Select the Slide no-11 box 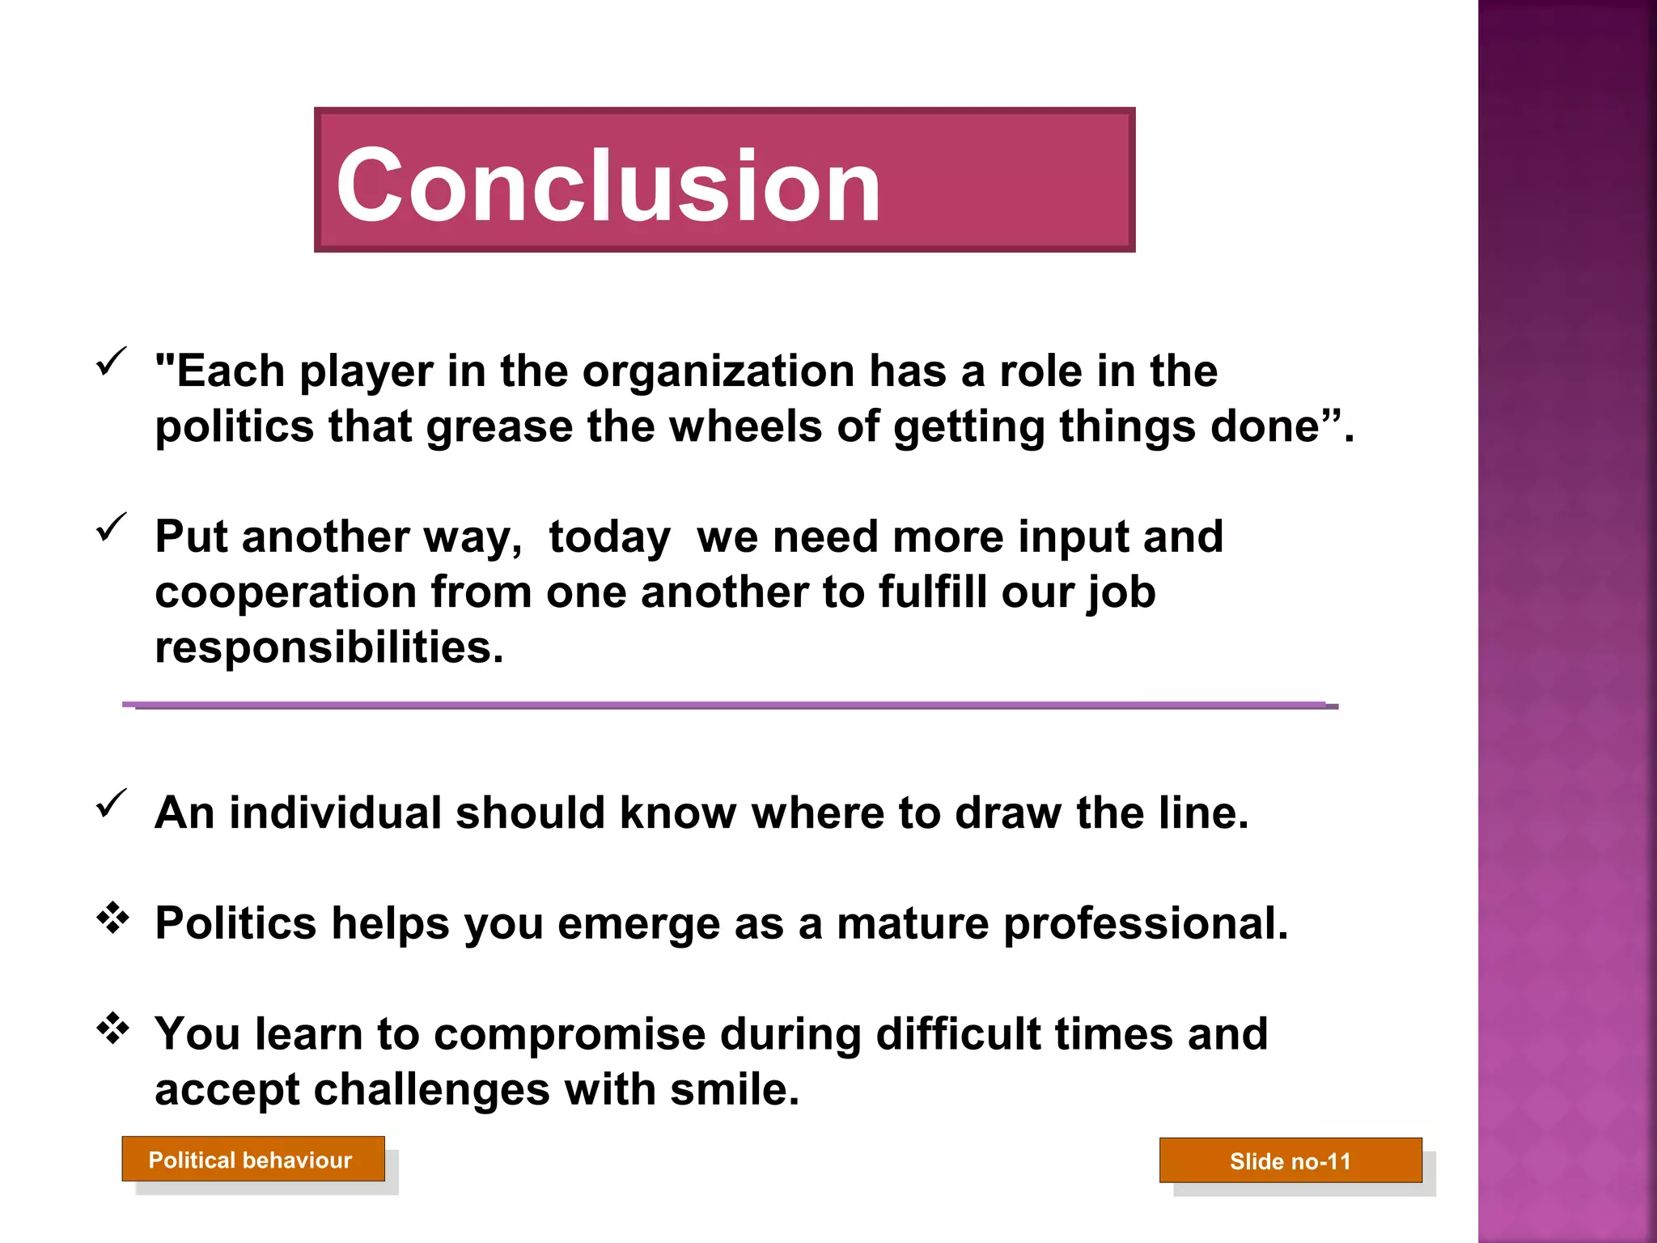[1290, 1160]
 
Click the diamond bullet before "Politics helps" [112, 918]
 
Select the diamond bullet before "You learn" [112, 1028]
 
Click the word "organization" [718, 371]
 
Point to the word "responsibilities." [328, 647]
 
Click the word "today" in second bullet [609, 537]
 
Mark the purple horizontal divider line [728, 706]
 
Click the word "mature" [912, 923]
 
